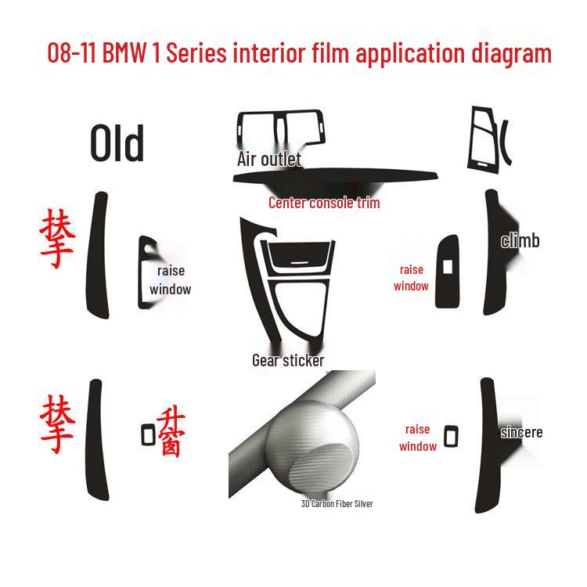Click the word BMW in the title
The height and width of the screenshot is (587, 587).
click(x=129, y=53)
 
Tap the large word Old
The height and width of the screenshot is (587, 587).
click(x=117, y=145)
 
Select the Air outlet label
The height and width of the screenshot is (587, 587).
click(x=268, y=159)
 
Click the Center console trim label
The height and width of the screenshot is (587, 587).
click(x=324, y=203)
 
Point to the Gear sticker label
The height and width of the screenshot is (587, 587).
click(x=288, y=360)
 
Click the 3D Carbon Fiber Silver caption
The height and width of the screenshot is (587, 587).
click(x=337, y=503)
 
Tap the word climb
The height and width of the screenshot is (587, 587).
click(x=520, y=240)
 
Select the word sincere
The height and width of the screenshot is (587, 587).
click(x=521, y=432)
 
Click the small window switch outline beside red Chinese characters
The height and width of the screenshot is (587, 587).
click(x=149, y=434)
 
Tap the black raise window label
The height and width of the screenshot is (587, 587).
click(x=171, y=279)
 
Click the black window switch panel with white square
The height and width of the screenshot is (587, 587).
click(x=448, y=267)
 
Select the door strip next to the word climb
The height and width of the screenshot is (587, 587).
click(x=493, y=250)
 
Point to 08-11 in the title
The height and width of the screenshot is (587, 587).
click(x=73, y=53)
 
